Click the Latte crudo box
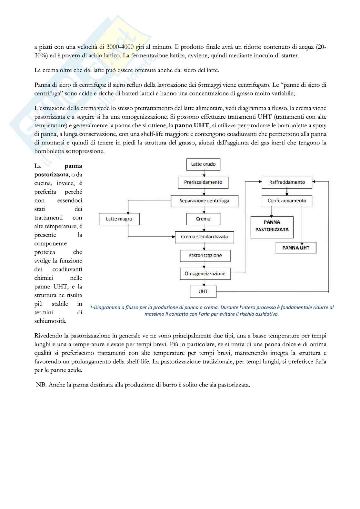pos(203,164)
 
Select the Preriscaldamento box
pos(203,182)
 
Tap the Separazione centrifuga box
pos(204,201)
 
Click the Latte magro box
pos(119,219)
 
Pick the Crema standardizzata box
pos(204,237)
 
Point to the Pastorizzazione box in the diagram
pos(205,256)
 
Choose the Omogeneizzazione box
pos(205,274)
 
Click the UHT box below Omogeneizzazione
pos(203,292)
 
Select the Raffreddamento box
pos(287,182)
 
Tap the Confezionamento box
pos(287,201)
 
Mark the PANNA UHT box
pos(296,248)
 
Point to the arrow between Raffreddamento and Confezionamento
pos(287,192)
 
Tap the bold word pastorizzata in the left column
pos(51,175)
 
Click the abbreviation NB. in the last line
pos(41,385)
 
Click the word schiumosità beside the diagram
pos(50,321)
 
